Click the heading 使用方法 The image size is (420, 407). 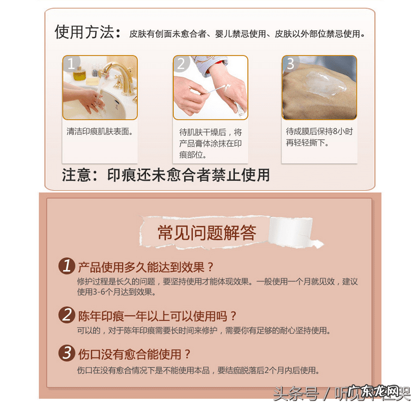tap(87, 32)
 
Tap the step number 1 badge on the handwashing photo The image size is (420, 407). tap(70, 64)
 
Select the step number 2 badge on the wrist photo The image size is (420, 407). tap(181, 64)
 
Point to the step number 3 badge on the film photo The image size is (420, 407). tap(290, 64)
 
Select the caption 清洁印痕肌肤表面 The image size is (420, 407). tap(100, 132)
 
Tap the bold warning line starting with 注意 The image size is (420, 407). tap(166, 175)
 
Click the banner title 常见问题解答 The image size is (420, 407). tap(206, 233)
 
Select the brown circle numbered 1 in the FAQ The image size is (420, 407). tap(67, 266)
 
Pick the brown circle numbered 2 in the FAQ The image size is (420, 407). tap(67, 315)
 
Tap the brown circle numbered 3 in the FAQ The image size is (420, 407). tap(67, 353)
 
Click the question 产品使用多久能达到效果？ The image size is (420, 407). tap(146, 267)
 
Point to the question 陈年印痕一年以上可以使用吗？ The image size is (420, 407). tap(158, 315)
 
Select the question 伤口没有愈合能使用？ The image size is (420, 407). tap(134, 354)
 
